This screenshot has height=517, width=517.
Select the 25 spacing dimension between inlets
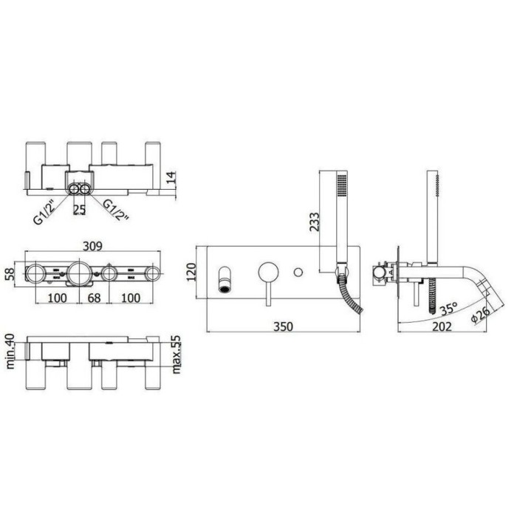click(81, 209)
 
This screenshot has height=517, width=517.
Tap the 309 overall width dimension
click(92, 247)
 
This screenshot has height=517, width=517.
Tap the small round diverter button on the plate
click(298, 273)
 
